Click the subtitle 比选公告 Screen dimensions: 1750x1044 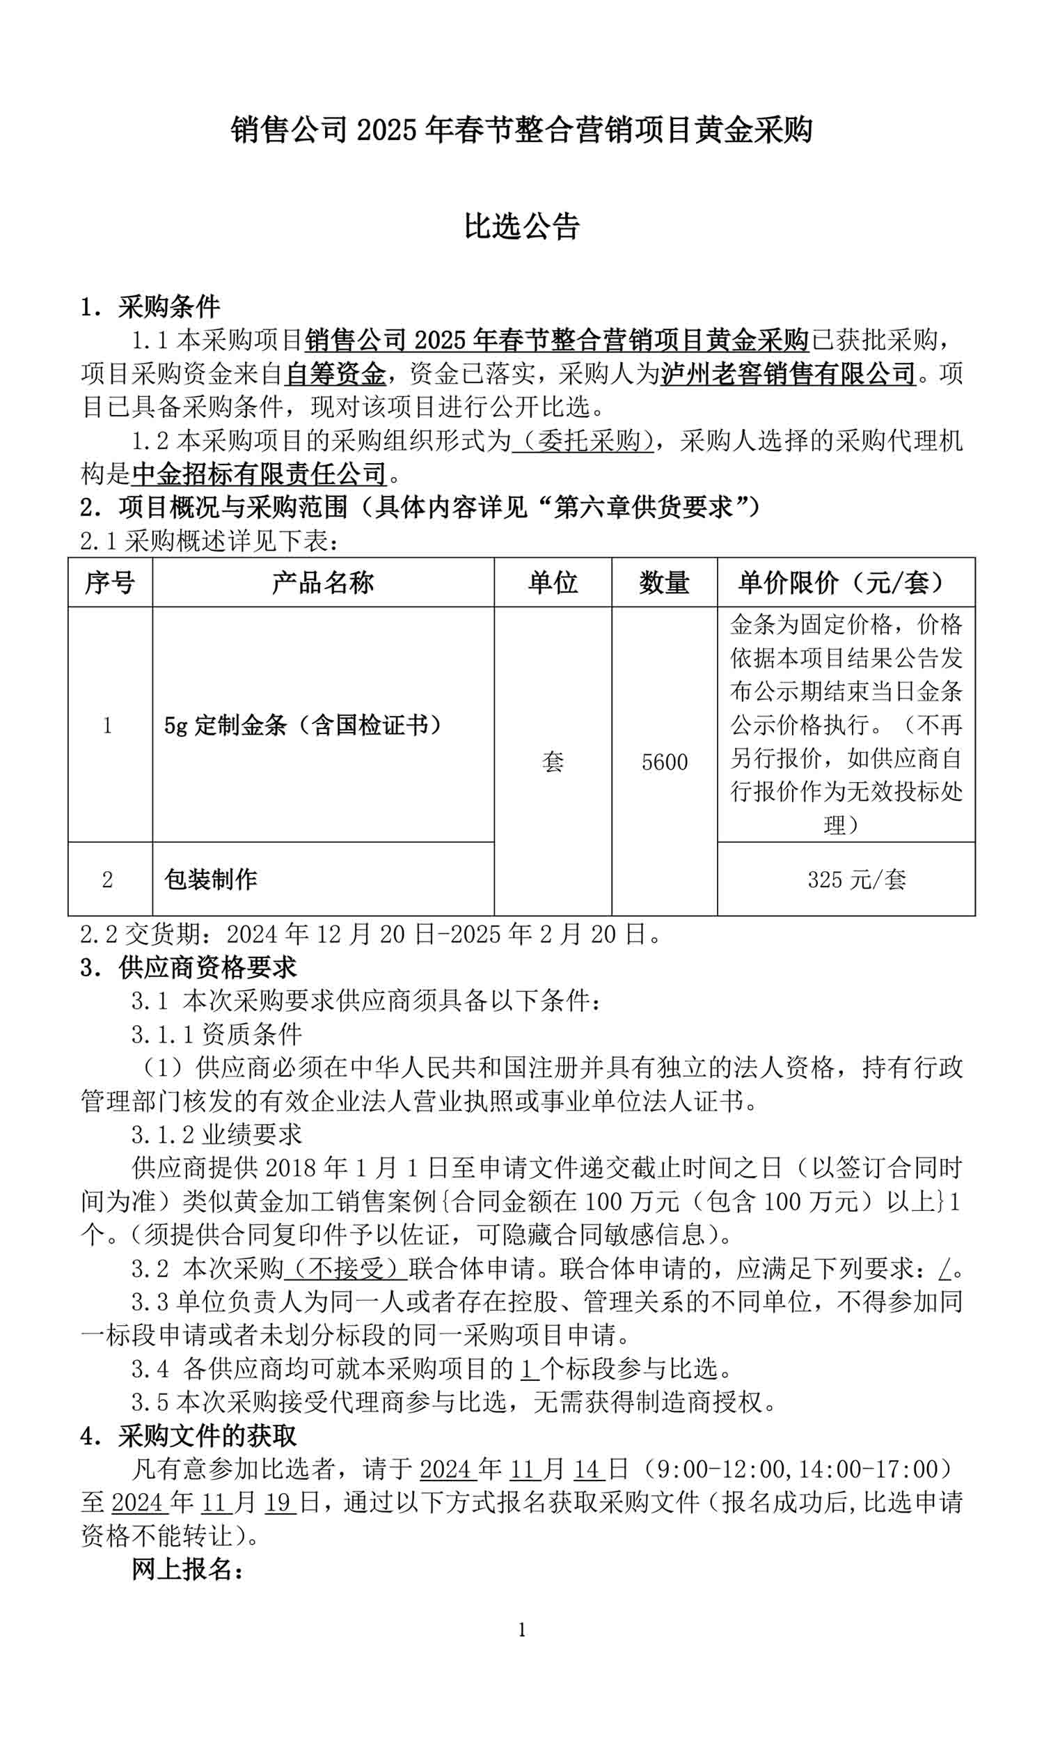[x=521, y=226]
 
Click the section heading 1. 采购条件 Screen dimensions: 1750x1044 [x=150, y=307]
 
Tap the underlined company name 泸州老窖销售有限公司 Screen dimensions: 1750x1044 [x=788, y=374]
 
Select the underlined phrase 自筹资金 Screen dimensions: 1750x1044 [x=335, y=374]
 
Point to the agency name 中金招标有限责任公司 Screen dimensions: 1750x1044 [x=259, y=474]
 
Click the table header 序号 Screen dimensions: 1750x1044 [x=110, y=583]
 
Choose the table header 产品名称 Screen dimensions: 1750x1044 [x=323, y=583]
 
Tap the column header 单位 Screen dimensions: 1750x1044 [x=552, y=583]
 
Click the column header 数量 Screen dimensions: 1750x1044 [x=664, y=583]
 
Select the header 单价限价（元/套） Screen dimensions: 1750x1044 [x=846, y=583]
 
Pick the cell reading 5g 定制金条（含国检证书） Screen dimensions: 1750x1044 [x=303, y=725]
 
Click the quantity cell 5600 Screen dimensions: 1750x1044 [x=664, y=762]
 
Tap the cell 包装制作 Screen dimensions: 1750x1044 [x=210, y=879]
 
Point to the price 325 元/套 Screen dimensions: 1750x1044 [x=856, y=880]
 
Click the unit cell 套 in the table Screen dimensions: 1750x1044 [x=552, y=762]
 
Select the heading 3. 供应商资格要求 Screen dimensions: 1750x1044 [x=189, y=967]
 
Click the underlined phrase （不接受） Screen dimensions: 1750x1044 [x=345, y=1269]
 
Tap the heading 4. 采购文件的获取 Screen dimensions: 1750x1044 [x=189, y=1436]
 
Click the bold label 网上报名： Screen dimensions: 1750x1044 [x=188, y=1570]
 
